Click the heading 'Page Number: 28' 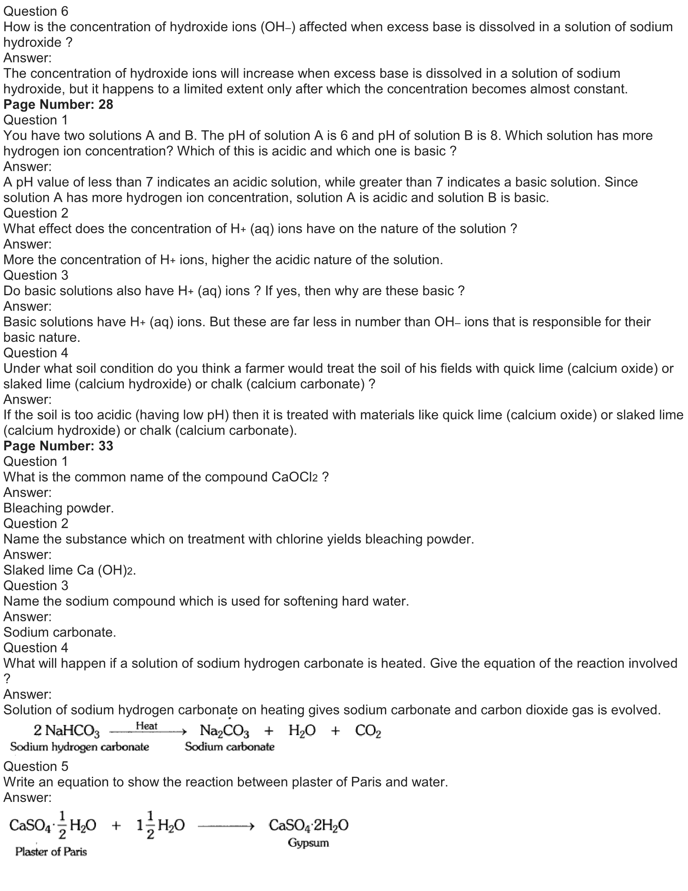point(58,104)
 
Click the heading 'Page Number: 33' point(58,446)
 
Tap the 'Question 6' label point(36,11)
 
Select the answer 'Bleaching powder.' point(59,508)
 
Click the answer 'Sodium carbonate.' point(60,632)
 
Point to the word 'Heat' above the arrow point(147,726)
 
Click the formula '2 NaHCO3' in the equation point(67,731)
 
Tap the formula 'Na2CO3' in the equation point(224,731)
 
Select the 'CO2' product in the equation point(367,731)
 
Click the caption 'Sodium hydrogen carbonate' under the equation point(79,746)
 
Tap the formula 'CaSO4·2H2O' point(308,825)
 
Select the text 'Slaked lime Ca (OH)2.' point(70,570)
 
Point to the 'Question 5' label point(36,766)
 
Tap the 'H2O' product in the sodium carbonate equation point(302,731)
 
